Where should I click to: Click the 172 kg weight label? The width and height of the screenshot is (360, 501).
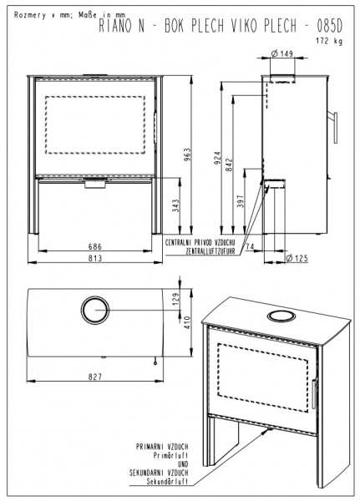(x=329, y=41)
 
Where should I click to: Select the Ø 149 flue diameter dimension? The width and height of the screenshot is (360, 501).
(x=281, y=53)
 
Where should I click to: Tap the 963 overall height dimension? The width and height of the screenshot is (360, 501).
(x=187, y=154)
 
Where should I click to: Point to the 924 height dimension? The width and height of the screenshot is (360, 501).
(x=217, y=159)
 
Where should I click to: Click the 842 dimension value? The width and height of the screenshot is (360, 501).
(x=229, y=164)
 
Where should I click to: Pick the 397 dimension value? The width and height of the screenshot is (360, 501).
(x=241, y=201)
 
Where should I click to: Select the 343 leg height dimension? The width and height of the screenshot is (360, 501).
(x=175, y=206)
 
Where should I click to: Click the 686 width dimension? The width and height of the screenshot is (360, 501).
(x=95, y=246)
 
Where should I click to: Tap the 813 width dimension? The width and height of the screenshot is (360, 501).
(x=95, y=258)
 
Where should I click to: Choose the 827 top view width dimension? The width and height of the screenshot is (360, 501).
(x=95, y=377)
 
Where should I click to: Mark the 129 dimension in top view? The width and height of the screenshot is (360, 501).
(x=176, y=299)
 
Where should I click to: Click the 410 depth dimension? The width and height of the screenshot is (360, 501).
(x=187, y=322)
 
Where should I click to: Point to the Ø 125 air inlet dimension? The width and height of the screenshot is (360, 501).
(x=297, y=258)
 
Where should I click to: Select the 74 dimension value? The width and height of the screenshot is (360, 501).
(x=250, y=246)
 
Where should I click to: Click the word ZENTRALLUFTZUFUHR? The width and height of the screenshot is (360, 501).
(x=210, y=251)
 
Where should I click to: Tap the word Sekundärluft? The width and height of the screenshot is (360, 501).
(x=167, y=482)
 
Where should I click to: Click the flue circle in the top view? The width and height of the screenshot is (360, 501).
(x=95, y=310)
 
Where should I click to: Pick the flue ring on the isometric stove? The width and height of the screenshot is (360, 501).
(x=281, y=316)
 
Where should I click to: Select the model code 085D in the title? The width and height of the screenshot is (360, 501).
(x=330, y=27)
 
